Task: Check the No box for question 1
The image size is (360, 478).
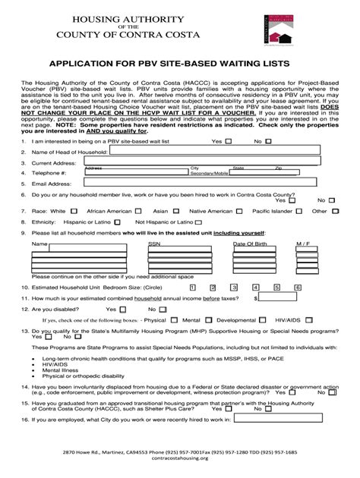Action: pos(269,141)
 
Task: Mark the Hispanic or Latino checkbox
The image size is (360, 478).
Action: pos(116,223)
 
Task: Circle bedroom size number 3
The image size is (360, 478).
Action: pos(235,288)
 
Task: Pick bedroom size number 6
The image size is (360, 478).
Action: pos(298,288)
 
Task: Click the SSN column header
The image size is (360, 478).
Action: pos(154,244)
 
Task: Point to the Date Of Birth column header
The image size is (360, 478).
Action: pos(250,244)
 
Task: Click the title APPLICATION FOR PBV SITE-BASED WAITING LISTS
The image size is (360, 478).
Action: pos(179,65)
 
